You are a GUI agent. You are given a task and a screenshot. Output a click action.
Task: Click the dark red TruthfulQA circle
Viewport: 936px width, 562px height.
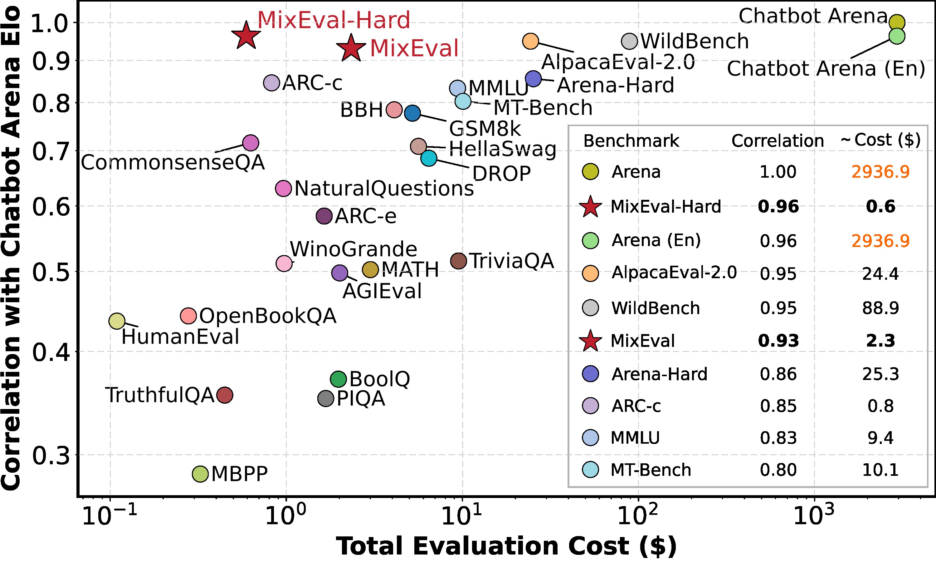225,395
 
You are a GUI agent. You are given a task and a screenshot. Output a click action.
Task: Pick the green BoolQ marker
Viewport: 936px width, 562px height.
338,379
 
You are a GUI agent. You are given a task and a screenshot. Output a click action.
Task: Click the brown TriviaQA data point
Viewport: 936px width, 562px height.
459,261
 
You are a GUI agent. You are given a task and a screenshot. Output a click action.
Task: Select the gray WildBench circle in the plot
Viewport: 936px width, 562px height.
629,41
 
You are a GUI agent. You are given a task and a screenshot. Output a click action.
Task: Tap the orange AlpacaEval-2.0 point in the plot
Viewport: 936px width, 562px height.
530,41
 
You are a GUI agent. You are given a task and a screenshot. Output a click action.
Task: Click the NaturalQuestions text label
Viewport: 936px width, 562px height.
384,189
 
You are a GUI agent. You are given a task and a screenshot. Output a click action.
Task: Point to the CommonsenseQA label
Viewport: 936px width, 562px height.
173,163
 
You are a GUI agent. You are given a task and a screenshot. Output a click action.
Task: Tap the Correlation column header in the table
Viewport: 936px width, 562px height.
778,141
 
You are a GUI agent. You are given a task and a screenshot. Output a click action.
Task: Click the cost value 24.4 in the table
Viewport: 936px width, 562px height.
880,274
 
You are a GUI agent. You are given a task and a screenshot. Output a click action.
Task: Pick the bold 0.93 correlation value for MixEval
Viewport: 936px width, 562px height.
778,341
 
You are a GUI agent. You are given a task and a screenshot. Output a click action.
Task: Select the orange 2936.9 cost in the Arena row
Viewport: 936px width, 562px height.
880,172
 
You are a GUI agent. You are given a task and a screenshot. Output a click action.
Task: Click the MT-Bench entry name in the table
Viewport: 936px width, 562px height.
651,470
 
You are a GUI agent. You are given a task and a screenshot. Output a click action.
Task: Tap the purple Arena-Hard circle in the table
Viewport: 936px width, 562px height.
591,374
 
